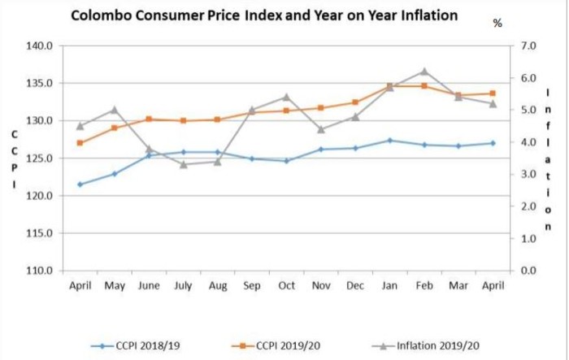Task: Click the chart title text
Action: [264, 15]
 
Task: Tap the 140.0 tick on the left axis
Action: [40, 46]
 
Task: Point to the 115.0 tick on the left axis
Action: [40, 233]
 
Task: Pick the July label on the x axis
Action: [183, 286]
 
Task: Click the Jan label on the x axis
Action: [390, 286]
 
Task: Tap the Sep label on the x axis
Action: [252, 286]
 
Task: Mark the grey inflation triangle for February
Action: [424, 72]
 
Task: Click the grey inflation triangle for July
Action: [184, 164]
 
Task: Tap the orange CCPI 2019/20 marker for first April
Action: [80, 143]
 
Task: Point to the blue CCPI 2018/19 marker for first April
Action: [80, 184]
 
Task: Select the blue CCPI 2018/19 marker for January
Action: [390, 141]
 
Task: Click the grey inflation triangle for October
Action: [286, 98]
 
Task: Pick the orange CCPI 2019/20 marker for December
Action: [355, 102]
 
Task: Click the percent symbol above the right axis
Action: [497, 24]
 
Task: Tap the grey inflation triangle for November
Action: [321, 129]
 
